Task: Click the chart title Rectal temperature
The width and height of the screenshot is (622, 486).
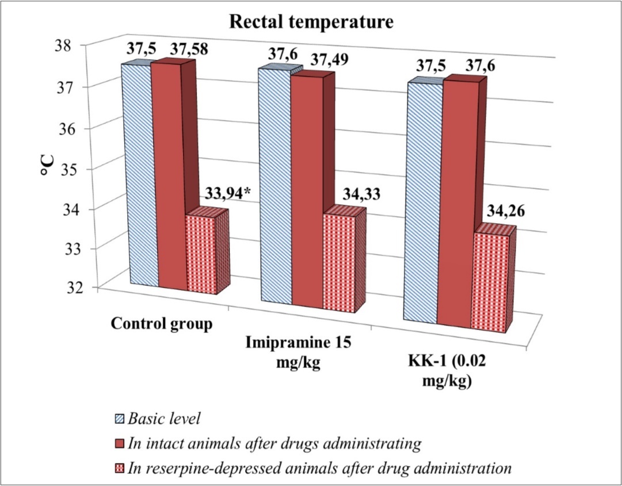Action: tap(311, 22)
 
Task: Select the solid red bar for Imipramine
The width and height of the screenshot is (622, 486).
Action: tap(306, 190)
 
